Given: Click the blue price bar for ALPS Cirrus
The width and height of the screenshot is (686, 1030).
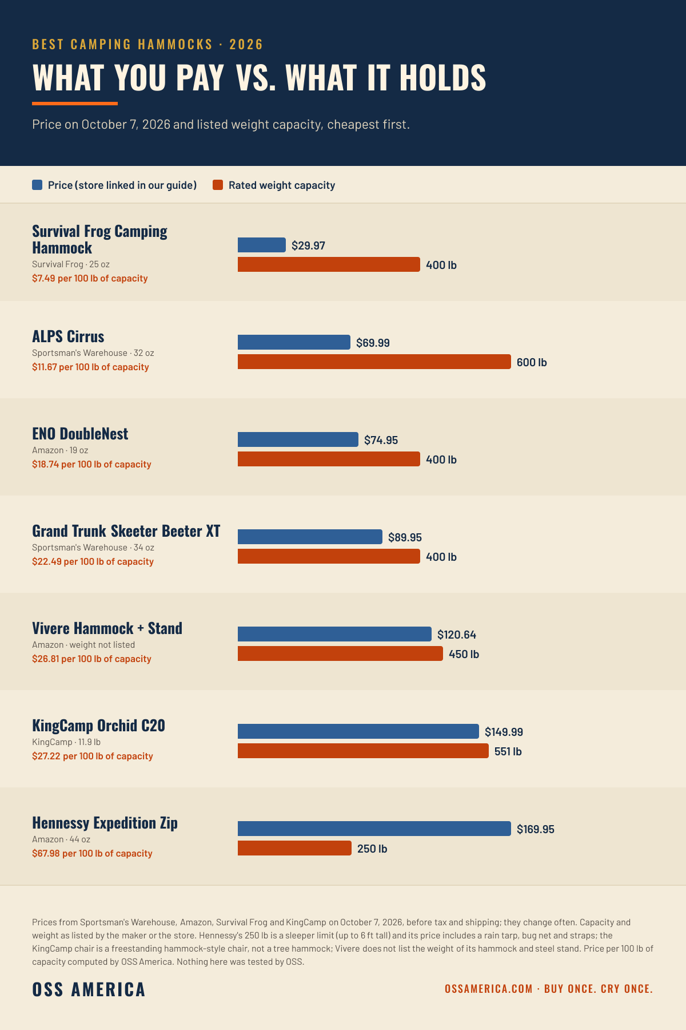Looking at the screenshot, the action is [x=294, y=342].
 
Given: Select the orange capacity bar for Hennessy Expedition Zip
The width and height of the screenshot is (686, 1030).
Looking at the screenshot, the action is [x=294, y=848].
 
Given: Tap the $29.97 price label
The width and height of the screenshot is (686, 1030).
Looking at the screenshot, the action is [x=308, y=245].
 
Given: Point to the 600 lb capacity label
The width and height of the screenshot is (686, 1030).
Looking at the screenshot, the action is [x=532, y=362].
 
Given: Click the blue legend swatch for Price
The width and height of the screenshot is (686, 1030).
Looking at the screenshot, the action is [x=37, y=185].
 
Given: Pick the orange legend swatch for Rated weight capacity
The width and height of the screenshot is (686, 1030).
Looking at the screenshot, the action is [x=218, y=185].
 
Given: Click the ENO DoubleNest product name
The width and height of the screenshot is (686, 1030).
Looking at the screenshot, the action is [x=80, y=434].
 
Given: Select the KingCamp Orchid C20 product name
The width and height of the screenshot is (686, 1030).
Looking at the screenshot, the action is [x=98, y=726].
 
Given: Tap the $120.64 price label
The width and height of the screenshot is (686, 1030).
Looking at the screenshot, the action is [x=457, y=635].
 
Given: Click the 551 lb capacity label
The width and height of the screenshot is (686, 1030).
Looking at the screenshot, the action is [x=508, y=751].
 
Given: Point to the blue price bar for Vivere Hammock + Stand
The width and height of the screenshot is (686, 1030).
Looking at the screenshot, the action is [x=334, y=634].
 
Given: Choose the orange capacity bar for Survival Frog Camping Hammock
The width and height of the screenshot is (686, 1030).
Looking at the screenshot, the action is [x=329, y=264].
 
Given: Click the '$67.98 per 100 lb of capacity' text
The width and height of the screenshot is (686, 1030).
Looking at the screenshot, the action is [x=92, y=853].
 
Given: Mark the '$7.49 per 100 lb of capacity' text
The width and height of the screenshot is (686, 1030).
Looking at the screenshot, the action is [x=90, y=278].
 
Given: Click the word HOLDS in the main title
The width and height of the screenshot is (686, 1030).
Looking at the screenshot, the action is [x=442, y=78].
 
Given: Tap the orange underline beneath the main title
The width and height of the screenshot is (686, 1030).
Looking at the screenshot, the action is [x=75, y=104].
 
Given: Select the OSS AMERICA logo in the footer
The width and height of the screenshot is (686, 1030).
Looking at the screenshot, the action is [x=89, y=989].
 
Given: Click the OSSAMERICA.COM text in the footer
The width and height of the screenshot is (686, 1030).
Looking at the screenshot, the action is [x=489, y=989].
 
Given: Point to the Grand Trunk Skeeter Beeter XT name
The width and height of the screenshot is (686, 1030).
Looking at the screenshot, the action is [x=126, y=531].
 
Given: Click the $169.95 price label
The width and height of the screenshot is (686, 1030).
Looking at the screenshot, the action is [x=536, y=829].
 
